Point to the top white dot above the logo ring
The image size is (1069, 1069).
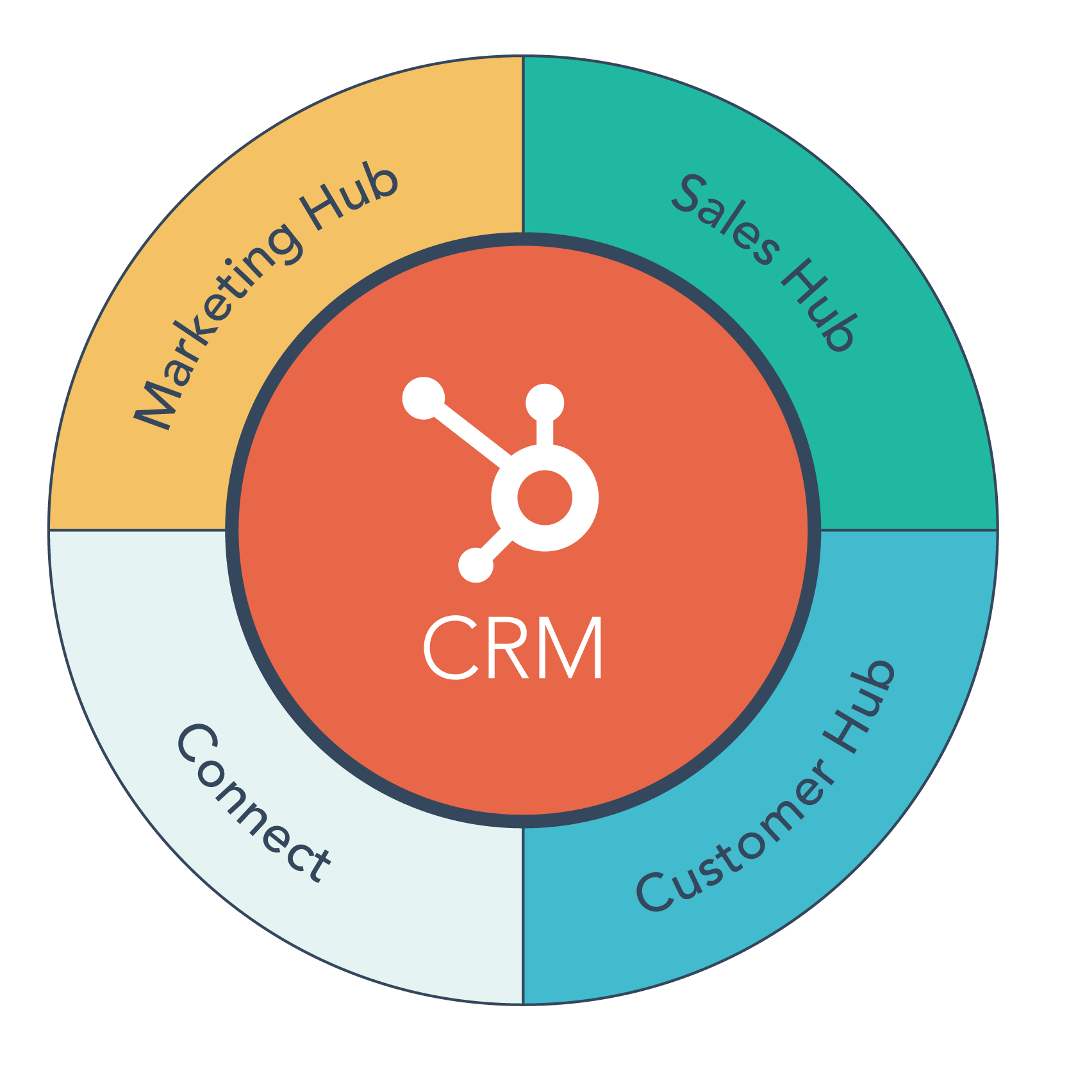pyautogui.click(x=545, y=403)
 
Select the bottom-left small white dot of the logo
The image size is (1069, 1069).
pyautogui.click(x=476, y=565)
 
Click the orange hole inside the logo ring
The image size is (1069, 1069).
pyautogui.click(x=545, y=498)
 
